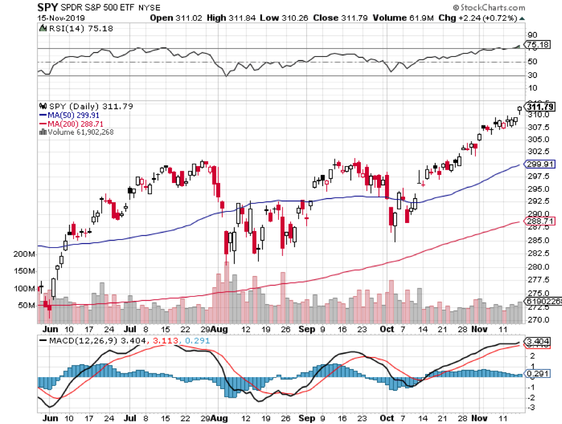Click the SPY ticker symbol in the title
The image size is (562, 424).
coord(48,7)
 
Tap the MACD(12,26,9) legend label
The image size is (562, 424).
coord(76,340)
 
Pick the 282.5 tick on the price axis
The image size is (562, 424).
coord(536,254)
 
